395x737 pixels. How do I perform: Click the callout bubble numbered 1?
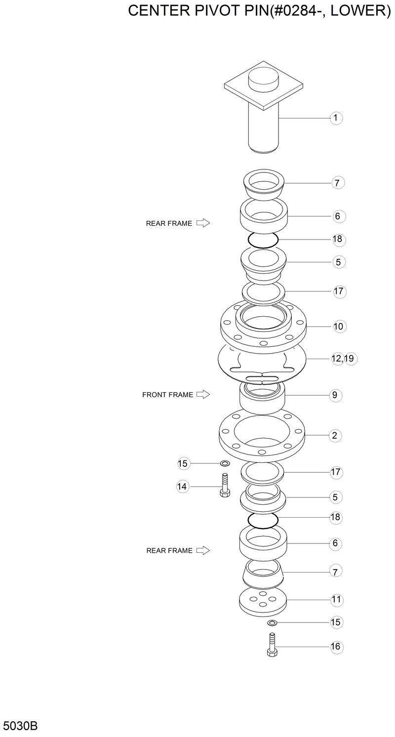tap(336, 118)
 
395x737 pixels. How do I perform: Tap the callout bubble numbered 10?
tap(338, 327)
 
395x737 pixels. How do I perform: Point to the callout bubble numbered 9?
tap(335, 395)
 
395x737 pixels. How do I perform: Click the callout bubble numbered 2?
tap(335, 436)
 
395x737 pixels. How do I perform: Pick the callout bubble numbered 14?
tap(183, 487)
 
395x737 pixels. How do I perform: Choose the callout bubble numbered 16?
tap(336, 647)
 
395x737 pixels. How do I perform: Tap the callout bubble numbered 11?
tap(336, 600)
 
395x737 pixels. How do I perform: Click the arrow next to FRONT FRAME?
tap(203, 395)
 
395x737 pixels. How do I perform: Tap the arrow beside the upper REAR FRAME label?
tap(203, 223)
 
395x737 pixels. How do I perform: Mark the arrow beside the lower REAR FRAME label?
tap(203, 550)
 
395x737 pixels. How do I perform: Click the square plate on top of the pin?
tap(263, 89)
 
